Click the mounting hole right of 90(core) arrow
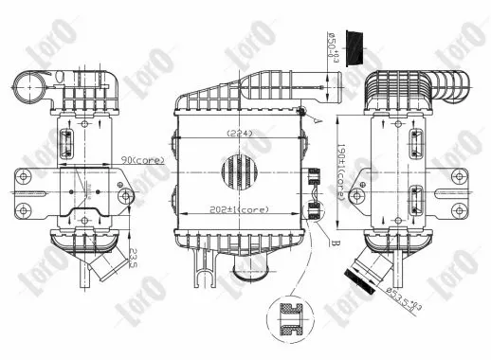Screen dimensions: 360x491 (x=127, y=197)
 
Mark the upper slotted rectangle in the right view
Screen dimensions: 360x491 (x=413, y=137)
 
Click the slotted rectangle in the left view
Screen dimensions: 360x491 (x=66, y=142)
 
